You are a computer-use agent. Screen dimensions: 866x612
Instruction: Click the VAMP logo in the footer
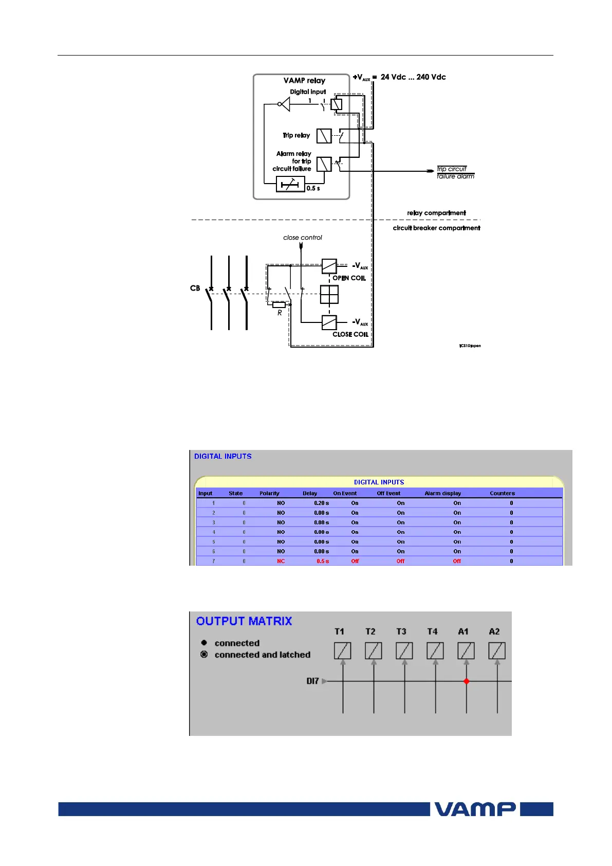click(x=475, y=809)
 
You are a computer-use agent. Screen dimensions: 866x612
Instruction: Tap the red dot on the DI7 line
click(x=466, y=681)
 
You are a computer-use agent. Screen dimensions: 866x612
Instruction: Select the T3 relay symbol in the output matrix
click(x=404, y=651)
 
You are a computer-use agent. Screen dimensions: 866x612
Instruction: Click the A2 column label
click(x=494, y=632)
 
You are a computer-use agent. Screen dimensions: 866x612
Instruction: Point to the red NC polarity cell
click(x=281, y=561)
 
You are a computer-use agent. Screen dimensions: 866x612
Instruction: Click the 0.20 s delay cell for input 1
click(x=321, y=503)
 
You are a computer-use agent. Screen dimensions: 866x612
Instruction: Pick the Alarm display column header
click(x=442, y=493)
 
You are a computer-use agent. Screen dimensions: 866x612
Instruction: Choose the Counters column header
click(x=502, y=493)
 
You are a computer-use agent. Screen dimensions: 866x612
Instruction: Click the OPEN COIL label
click(x=349, y=278)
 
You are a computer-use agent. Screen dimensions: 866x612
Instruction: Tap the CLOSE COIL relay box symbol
click(x=329, y=322)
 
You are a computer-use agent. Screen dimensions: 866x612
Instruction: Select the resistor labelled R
click(x=279, y=305)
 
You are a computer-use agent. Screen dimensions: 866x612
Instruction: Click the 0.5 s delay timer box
click(x=290, y=184)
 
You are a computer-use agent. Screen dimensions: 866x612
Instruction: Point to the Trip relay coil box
click(x=324, y=136)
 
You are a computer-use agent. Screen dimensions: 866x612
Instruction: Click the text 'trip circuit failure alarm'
click(x=455, y=172)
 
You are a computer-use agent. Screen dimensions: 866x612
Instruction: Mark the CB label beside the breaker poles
click(x=195, y=288)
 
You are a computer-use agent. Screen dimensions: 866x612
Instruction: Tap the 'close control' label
click(x=303, y=238)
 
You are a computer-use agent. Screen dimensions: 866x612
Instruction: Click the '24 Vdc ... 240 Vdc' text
click(x=413, y=77)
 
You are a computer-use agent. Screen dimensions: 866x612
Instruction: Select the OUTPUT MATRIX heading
click(x=244, y=621)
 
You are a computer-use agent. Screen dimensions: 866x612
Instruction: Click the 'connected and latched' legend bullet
click(x=204, y=655)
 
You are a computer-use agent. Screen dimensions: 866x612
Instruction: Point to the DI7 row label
click(x=312, y=681)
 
